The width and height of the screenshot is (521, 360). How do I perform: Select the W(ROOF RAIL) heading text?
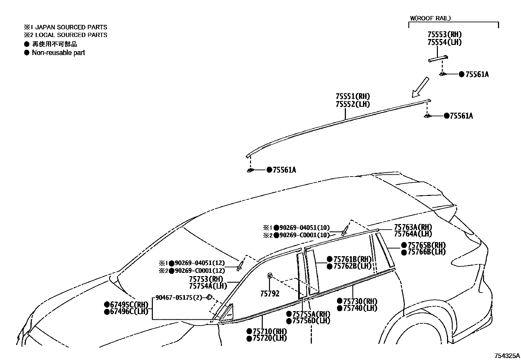pyautogui.click(x=430, y=18)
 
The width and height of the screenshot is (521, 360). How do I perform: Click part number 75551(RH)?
pyautogui.click(x=352, y=97)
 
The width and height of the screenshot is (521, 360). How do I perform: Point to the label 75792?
pyautogui.click(x=270, y=294)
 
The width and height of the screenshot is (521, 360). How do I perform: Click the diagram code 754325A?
pyautogui.click(x=507, y=356)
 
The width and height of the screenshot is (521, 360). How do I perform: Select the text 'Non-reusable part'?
pyautogui.click(x=58, y=53)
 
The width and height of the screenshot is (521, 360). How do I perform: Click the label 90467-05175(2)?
pyautogui.click(x=178, y=298)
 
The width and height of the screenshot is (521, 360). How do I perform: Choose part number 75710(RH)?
pyautogui.click(x=269, y=331)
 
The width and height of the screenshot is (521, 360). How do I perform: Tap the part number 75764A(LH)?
pyautogui.click(x=413, y=234)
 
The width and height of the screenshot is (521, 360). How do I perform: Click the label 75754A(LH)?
pyautogui.click(x=208, y=286)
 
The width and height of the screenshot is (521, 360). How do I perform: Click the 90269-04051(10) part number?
pyautogui.click(x=304, y=228)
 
